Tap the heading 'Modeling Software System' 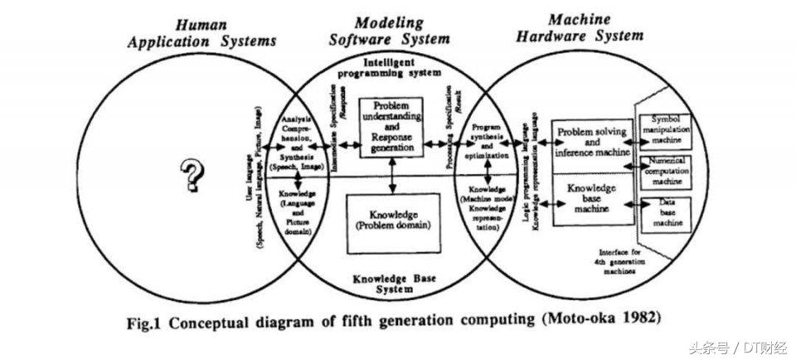click(390, 30)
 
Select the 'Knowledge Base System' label click(389, 285)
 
